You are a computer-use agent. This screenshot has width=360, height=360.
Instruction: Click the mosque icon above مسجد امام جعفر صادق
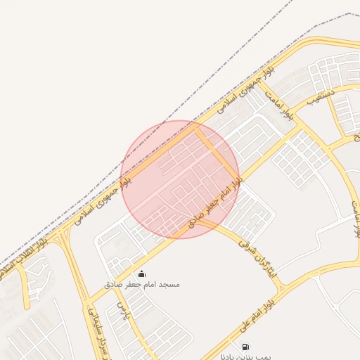141,274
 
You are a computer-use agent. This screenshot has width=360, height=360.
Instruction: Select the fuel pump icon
245,346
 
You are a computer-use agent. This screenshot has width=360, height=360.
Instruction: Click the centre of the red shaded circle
180,179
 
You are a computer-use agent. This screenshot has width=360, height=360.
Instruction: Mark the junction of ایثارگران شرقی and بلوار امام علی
282,287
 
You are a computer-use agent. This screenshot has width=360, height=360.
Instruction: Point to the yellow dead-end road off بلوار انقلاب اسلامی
27,295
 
